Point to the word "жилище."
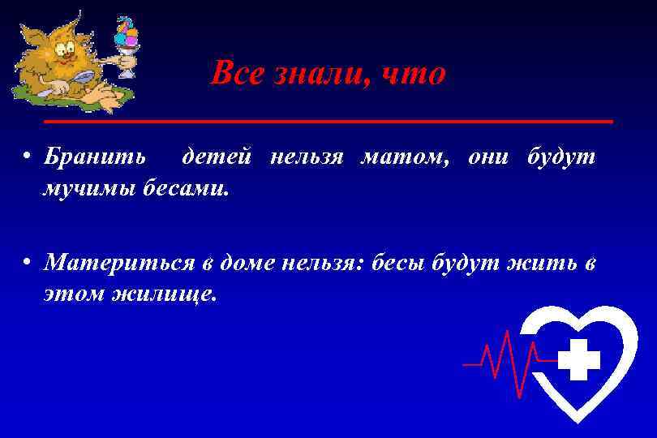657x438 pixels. (171, 294)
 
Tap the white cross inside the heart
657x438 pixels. (578, 360)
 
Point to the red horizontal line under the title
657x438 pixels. (328, 121)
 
